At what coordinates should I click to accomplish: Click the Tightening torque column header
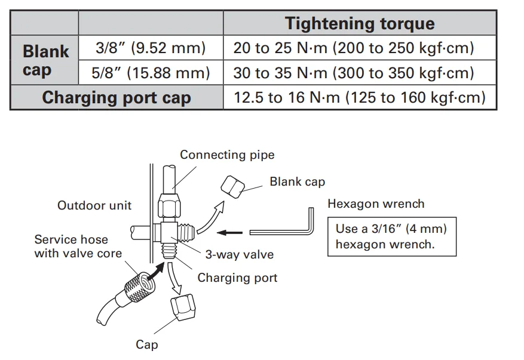pyautogui.click(x=359, y=24)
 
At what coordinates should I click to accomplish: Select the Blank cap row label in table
pyautogui.click(x=45, y=60)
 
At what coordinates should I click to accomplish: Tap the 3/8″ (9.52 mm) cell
pyautogui.click(x=151, y=48)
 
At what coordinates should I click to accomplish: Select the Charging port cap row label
pyautogui.click(x=117, y=97)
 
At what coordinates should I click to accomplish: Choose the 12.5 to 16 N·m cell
pyautogui.click(x=359, y=97)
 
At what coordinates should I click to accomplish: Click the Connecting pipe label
pyautogui.click(x=227, y=155)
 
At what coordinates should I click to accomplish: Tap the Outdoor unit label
pyautogui.click(x=94, y=206)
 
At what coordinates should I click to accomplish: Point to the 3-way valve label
pyautogui.click(x=239, y=254)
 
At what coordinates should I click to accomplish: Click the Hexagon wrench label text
pyautogui.click(x=376, y=204)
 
